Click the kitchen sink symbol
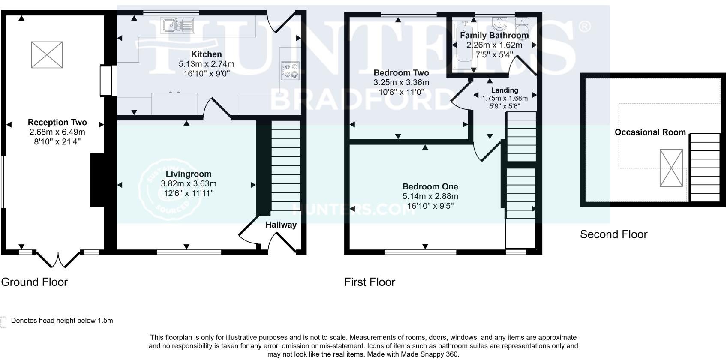(x=177, y=25)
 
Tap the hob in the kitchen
(x=290, y=71)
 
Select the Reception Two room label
(x=57, y=123)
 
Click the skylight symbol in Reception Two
(x=47, y=54)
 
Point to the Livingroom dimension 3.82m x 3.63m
(x=188, y=183)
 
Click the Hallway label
(x=281, y=225)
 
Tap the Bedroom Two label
(x=401, y=73)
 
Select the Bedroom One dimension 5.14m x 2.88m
(x=430, y=196)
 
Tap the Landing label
(x=505, y=90)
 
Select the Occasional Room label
(x=650, y=132)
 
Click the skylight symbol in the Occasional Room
(x=671, y=168)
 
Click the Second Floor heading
(x=613, y=234)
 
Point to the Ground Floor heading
(x=34, y=282)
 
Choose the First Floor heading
(x=370, y=282)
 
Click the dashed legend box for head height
(x=4, y=322)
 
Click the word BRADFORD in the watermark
(x=362, y=99)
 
